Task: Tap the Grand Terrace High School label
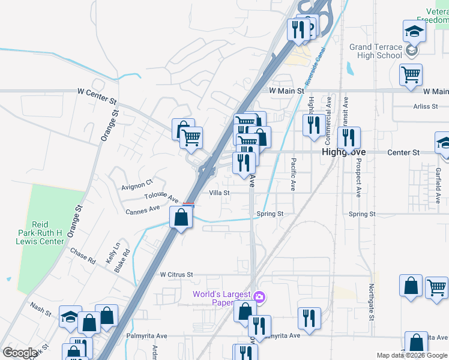tap(376, 51)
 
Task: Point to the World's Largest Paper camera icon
tap(259, 296)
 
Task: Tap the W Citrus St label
tap(176, 274)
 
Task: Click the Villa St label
tap(220, 193)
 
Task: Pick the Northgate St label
tap(372, 302)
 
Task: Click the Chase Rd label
tap(83, 256)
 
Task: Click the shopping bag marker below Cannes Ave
tap(181, 217)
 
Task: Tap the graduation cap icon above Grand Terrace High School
tap(414, 31)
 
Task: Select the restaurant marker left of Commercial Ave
tap(313, 125)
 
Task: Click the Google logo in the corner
tap(20, 353)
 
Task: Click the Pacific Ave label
tap(294, 174)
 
